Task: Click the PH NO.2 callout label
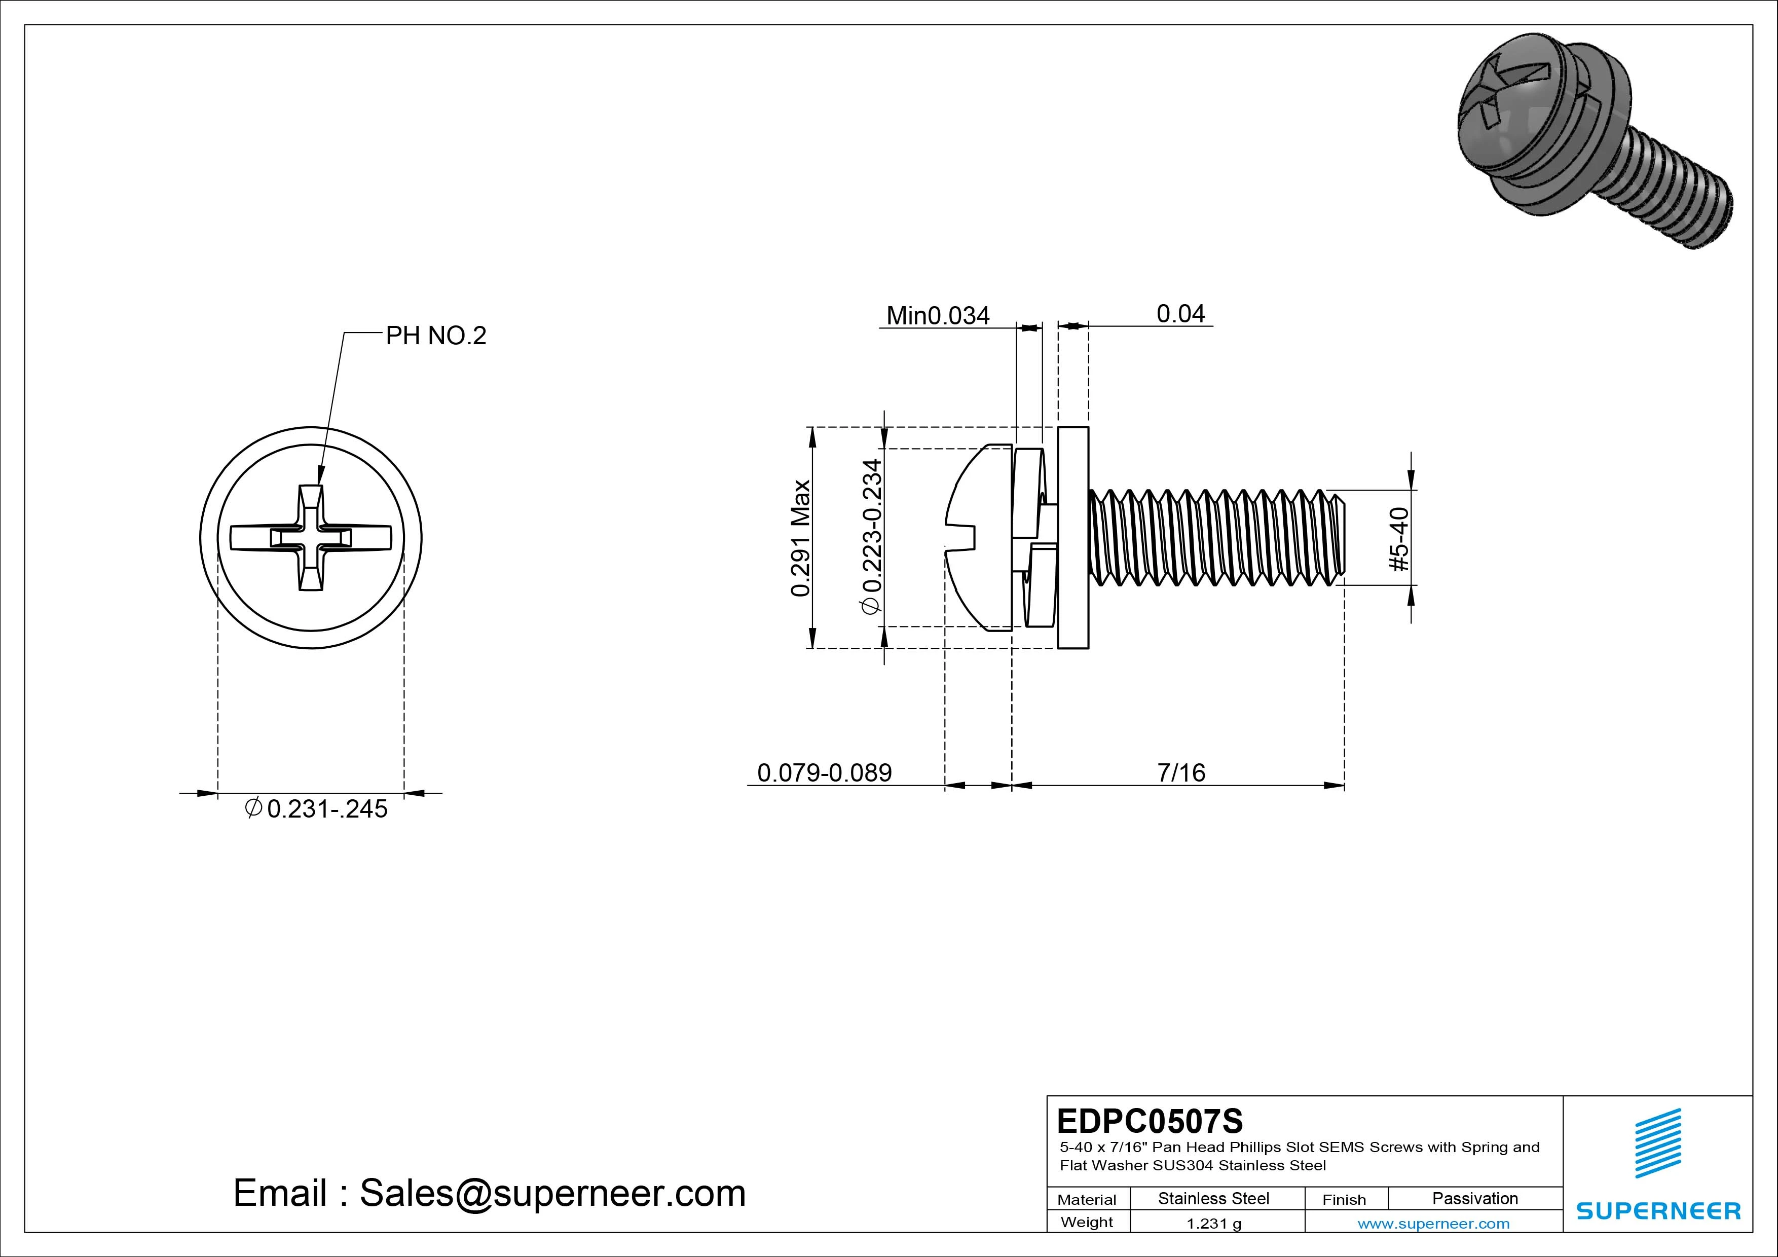coord(436,336)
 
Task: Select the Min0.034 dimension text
coord(937,316)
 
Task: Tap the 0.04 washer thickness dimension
coord(1180,314)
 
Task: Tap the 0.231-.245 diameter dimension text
coord(317,809)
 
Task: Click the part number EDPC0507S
coord(1149,1121)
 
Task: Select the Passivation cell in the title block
coord(1474,1198)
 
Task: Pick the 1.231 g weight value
coord(1213,1224)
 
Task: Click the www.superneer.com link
coord(1433,1224)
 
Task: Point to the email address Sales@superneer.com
coord(490,1194)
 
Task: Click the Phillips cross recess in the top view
coord(311,537)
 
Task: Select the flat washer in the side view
coord(1072,537)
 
